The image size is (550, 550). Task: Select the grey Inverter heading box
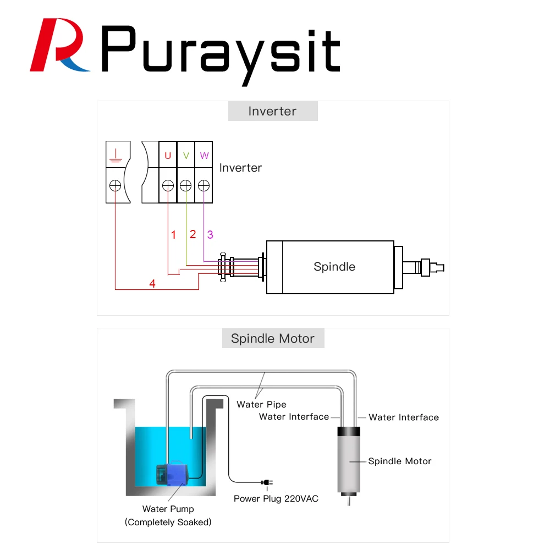pos(273,111)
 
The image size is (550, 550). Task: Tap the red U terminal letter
pos(168,156)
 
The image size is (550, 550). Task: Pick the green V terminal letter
pos(186,156)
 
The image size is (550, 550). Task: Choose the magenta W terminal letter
pos(204,156)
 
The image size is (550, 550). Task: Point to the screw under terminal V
pos(186,185)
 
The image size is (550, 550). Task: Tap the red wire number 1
pos(174,235)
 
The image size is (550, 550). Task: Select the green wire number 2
pos(193,234)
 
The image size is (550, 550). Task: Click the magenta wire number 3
pos(210,235)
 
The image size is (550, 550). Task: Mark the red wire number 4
pos(152,284)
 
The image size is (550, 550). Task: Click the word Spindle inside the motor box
pos(334,267)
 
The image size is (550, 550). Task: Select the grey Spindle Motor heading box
pos(273,338)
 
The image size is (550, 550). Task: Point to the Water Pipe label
pos(261,404)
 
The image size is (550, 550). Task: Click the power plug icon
pos(266,483)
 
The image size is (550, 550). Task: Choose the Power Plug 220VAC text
pos(276,499)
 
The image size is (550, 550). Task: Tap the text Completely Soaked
pos(168,522)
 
